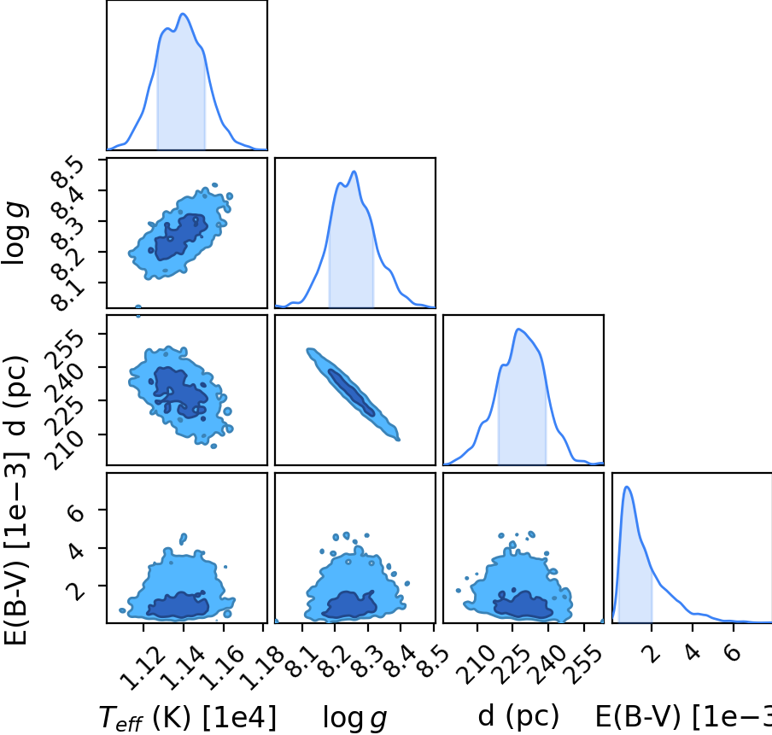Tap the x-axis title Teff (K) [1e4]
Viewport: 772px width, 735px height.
point(188,717)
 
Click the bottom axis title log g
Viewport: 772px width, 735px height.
point(354,718)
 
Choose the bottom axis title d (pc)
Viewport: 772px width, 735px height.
point(518,715)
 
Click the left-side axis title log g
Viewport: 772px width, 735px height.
point(15,233)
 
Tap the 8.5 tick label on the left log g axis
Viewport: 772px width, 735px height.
point(67,172)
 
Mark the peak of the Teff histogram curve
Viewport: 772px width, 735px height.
point(183,14)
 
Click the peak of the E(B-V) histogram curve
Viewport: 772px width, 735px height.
point(627,487)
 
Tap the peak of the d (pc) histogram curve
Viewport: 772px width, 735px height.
point(518,329)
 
